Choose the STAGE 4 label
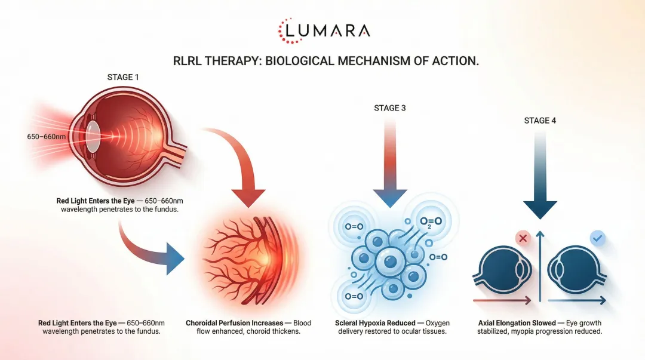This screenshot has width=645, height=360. pyautogui.click(x=539, y=121)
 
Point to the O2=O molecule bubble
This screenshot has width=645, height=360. pyautogui.click(x=429, y=223)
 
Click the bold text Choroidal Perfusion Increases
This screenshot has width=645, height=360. pyautogui.click(x=234, y=323)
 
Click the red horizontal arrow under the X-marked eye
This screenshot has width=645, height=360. pyautogui.click(x=502, y=300)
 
